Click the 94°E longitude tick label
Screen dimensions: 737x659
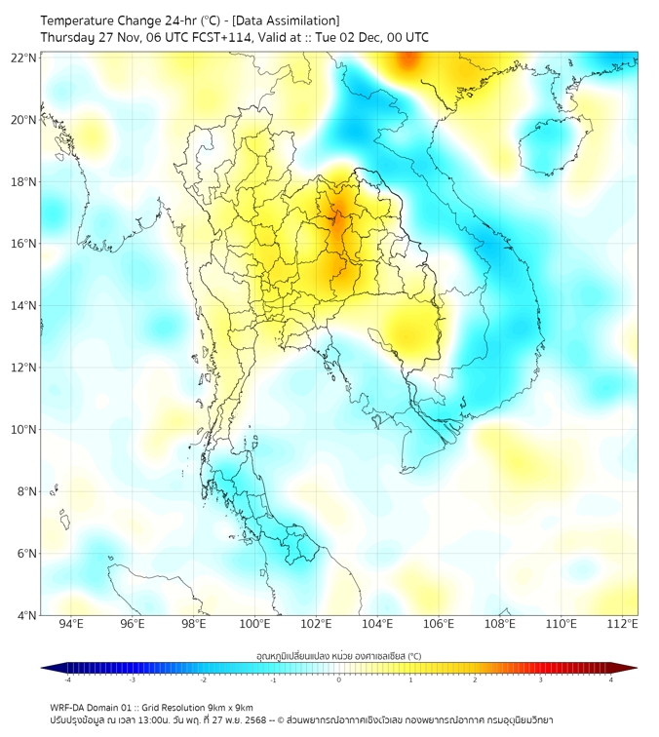71,624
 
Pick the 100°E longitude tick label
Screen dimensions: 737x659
254,624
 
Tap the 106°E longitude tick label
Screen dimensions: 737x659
439,624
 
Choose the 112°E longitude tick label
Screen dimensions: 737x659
622,624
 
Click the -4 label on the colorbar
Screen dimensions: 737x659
67,679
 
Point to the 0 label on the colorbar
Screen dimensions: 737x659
339,679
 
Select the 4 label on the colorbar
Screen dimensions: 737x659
610,679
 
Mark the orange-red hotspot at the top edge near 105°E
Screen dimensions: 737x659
407,61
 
